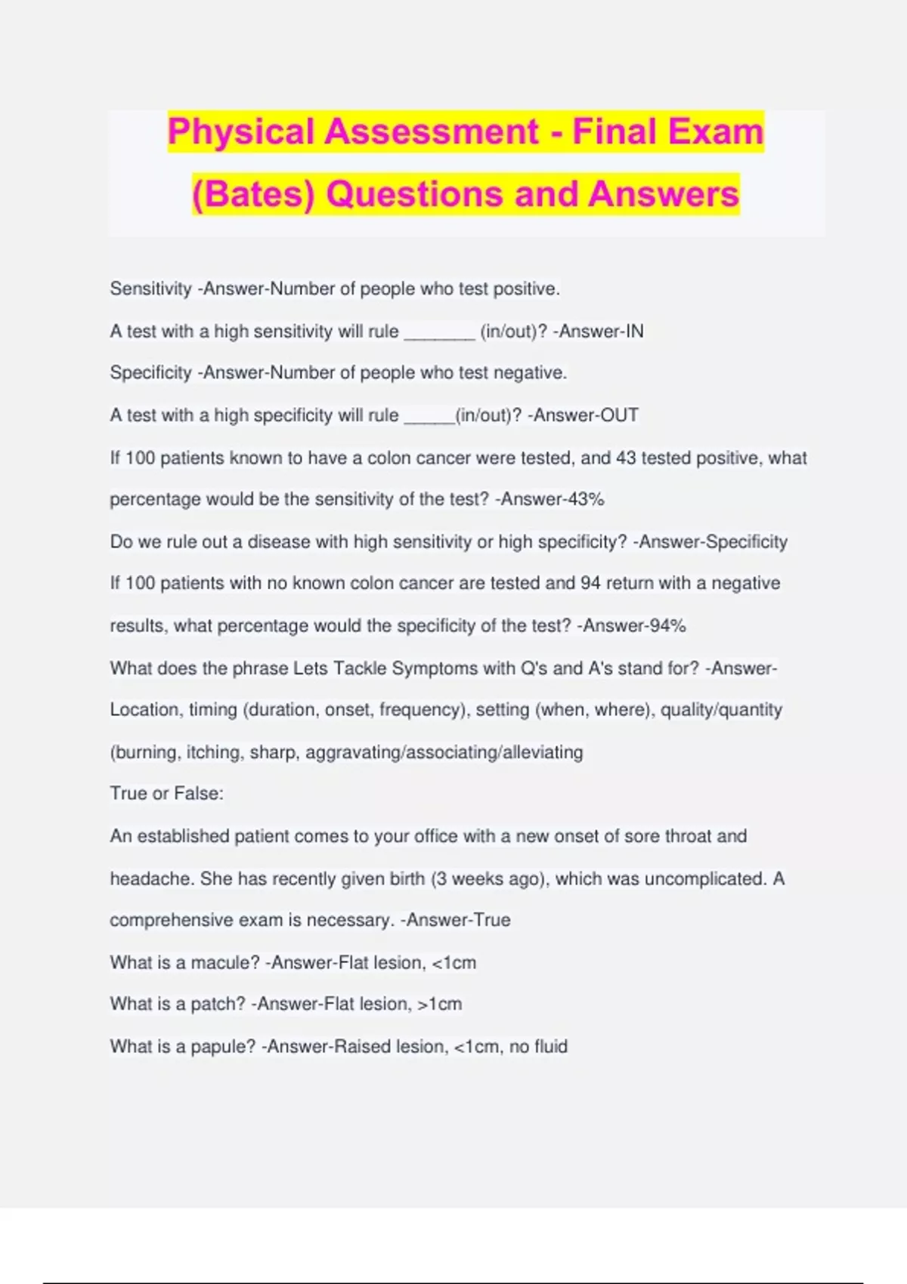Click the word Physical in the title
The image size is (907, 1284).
click(240, 131)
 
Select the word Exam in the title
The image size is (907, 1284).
click(716, 131)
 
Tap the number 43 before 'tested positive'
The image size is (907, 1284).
click(626, 458)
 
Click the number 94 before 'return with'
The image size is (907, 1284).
click(590, 583)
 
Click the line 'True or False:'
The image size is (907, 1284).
click(166, 793)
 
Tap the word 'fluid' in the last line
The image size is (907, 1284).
click(550, 1046)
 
